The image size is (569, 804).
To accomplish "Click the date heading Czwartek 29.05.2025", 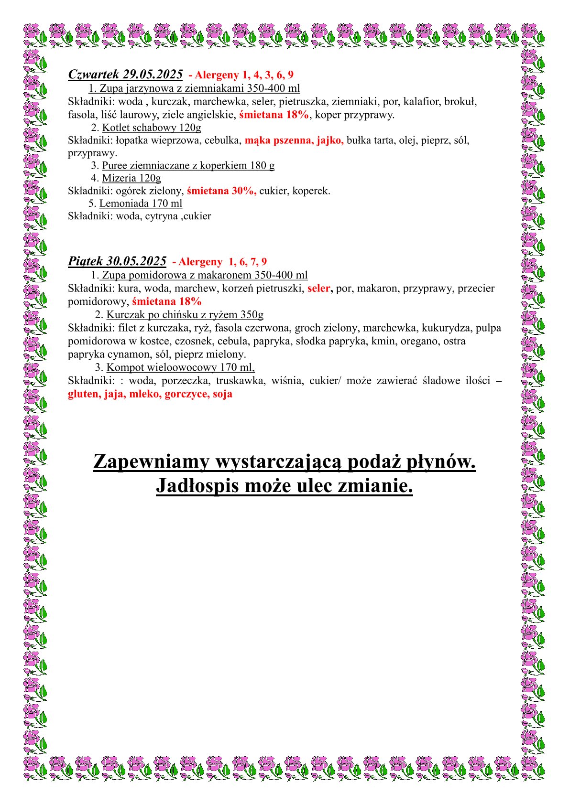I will (125, 75).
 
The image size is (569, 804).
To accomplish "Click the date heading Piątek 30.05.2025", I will (117, 261).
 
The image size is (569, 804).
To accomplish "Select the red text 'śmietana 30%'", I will (221, 191).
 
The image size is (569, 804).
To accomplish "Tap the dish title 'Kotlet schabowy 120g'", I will (151, 128).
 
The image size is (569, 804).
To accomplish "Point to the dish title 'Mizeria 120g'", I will (131, 178).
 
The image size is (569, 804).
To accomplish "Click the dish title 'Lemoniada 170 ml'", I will (141, 204).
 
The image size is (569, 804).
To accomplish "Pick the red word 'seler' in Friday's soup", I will (319, 289).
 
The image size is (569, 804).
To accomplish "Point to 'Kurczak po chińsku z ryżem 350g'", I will (185, 315).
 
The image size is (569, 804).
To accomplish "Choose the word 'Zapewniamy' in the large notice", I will (151, 462).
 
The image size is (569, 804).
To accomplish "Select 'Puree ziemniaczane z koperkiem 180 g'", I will (188, 166).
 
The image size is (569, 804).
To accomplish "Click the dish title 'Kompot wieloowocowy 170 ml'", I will (180, 367).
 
